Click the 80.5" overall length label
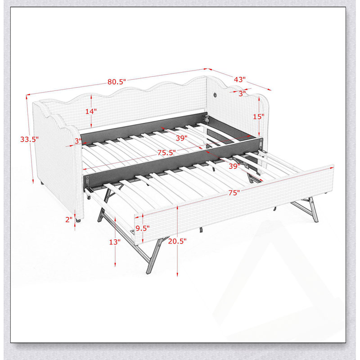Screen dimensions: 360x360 117,82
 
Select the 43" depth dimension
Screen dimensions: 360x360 240,80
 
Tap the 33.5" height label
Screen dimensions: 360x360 29,139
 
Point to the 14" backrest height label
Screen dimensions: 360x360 91,112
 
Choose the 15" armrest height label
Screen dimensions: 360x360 259,117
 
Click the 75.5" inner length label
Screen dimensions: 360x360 166,153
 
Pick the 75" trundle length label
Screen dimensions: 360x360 234,193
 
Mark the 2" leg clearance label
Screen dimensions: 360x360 69,220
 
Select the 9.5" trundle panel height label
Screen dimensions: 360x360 142,228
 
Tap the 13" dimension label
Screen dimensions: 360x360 115,242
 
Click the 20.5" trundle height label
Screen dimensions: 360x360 177,241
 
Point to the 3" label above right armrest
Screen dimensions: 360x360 242,94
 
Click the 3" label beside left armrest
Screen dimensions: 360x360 78,141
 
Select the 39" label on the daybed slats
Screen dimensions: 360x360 182,138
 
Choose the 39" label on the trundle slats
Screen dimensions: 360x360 234,166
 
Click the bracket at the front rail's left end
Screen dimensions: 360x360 87,182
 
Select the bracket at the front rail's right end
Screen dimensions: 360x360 261,144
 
